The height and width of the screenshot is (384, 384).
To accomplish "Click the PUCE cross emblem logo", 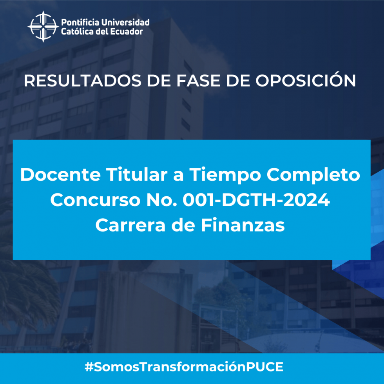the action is coord(43,27).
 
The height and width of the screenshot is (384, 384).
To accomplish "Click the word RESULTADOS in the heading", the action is coord(83,81).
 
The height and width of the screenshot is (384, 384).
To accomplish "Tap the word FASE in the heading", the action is coord(198,81).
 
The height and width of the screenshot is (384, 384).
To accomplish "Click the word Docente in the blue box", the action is coord(60,175).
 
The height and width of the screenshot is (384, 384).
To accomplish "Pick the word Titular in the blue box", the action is coord(137,175).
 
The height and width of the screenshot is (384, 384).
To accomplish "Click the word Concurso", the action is coord(95,200).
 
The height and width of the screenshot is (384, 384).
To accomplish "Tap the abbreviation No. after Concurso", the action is coord(161,200).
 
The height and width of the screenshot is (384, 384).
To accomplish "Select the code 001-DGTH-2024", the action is coord(256,200).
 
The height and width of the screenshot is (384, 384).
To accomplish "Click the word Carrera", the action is coord(130,225).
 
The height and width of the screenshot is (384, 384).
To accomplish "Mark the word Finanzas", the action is coord(243,225).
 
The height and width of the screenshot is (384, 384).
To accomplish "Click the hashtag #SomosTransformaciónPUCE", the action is coord(184,367).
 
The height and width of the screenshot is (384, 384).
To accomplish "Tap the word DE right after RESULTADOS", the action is coord(159,81).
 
